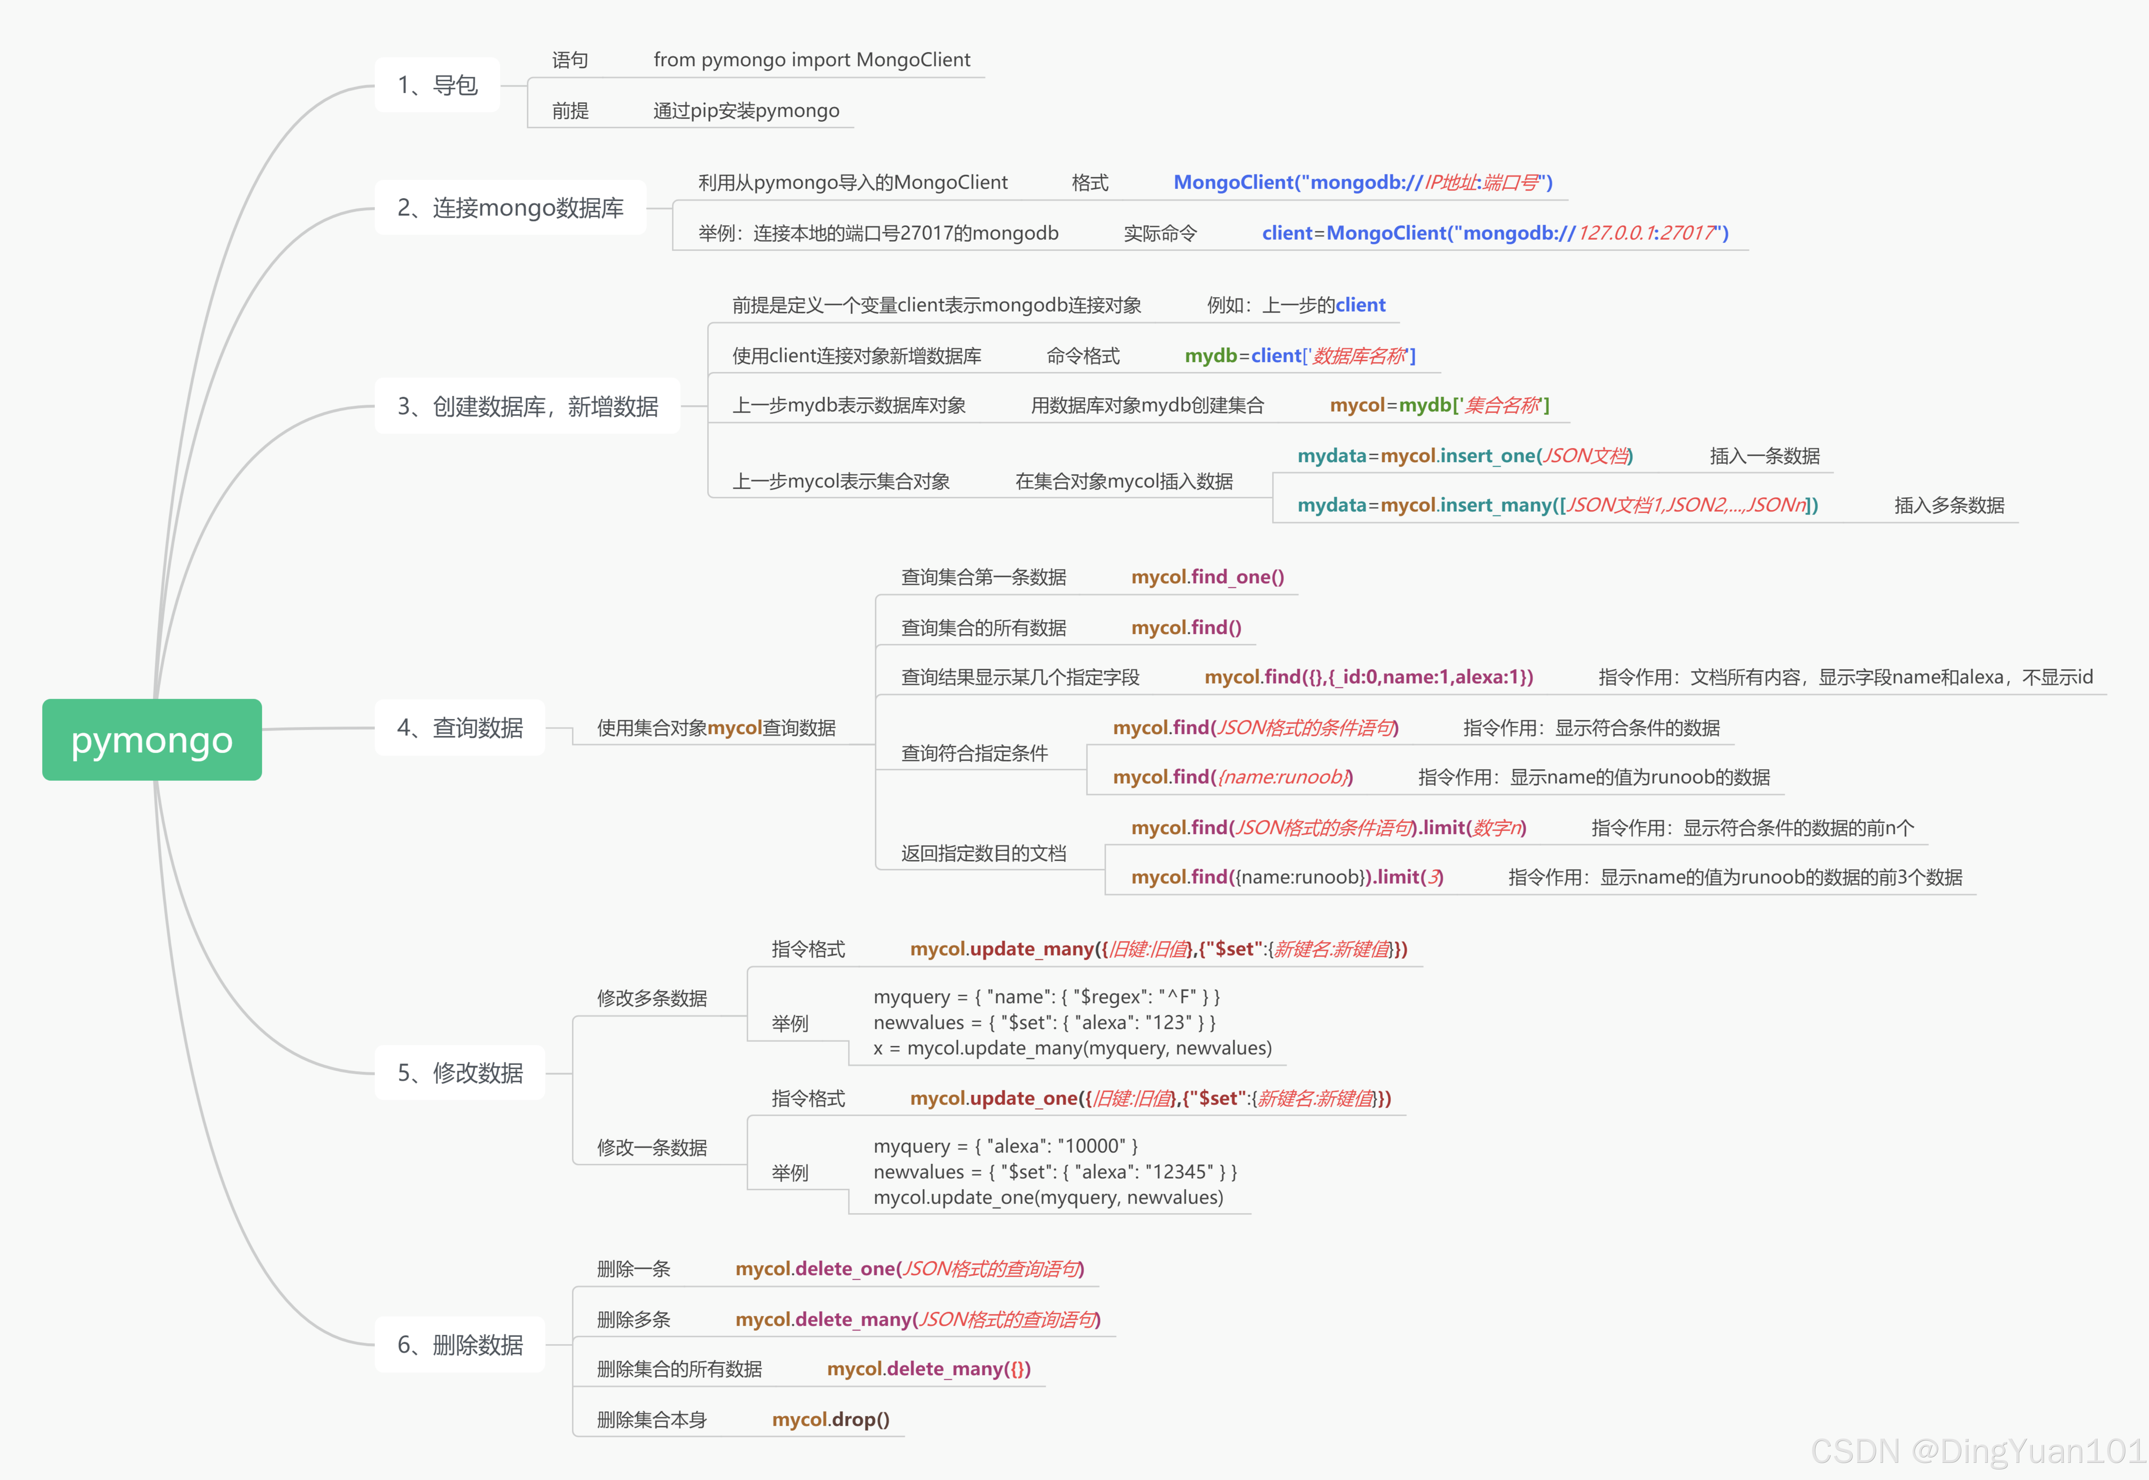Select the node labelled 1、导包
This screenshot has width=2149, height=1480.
(x=438, y=85)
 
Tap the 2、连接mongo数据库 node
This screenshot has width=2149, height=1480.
(x=510, y=208)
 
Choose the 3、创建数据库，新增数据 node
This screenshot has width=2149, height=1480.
(x=528, y=406)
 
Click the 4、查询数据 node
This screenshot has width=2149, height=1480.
(x=460, y=728)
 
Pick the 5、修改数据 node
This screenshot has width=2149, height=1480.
(x=460, y=1073)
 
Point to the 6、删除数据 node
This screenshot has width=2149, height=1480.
(x=460, y=1345)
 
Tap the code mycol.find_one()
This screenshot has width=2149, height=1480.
(x=1207, y=577)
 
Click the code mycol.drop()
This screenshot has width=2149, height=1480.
(x=831, y=1420)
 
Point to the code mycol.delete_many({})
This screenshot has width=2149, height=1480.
(x=928, y=1369)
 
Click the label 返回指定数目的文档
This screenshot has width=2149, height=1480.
(x=984, y=853)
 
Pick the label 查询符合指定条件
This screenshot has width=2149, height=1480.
(x=974, y=753)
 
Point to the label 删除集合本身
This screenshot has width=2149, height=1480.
(x=652, y=1420)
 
